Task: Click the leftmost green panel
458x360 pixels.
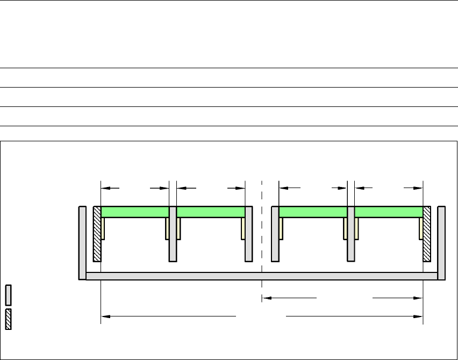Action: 135,212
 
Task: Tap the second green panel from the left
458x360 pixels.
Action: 211,212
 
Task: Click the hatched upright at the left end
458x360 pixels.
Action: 97,234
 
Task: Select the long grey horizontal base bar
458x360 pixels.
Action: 262,276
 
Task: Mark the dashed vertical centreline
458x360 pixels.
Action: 262,236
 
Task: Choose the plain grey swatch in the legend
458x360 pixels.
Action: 9,295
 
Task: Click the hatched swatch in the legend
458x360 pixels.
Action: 9,319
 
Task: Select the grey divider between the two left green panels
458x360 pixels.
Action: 173,234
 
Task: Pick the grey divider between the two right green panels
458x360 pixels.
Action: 351,234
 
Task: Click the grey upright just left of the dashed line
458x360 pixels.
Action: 249,234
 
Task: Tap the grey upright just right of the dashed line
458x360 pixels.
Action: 275,234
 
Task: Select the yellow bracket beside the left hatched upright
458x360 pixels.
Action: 103,228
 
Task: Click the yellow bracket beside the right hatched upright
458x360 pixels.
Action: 421,228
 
